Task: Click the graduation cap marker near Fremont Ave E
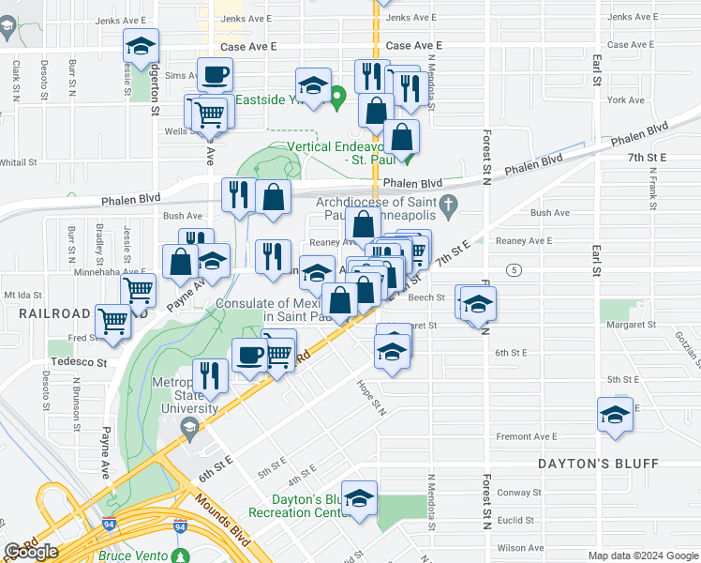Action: (615, 415)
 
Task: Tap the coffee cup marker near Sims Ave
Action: (215, 74)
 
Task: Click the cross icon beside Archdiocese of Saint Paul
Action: (449, 203)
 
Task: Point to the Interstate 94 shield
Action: (180, 527)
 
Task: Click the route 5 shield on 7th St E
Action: (514, 270)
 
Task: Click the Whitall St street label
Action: (17, 162)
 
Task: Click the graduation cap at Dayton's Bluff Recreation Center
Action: (359, 498)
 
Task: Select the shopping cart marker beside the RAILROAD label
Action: (114, 320)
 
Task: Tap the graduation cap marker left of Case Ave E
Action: (142, 45)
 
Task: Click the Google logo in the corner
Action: (31, 551)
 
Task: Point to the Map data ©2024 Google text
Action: (642, 555)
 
